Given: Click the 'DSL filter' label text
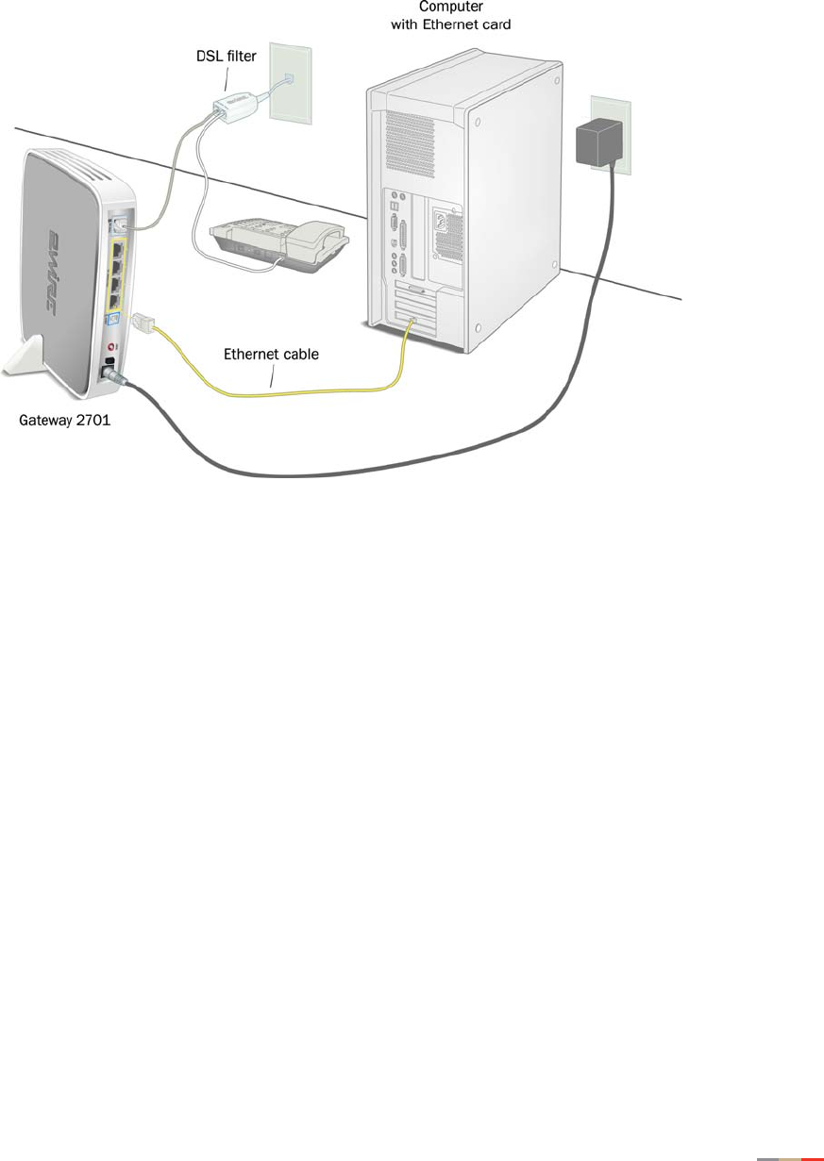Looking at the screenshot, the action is pyautogui.click(x=220, y=57).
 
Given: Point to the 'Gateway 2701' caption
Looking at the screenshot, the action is pyautogui.click(x=65, y=421).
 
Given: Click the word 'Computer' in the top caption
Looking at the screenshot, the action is pyautogui.click(x=451, y=7).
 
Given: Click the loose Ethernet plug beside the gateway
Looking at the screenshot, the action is pyautogui.click(x=143, y=322).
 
